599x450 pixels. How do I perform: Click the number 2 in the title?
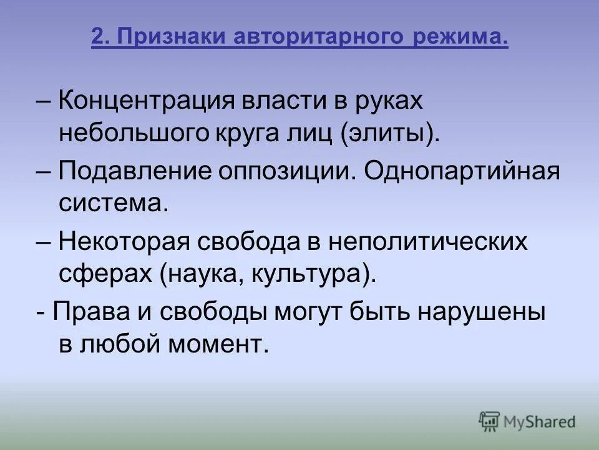97,39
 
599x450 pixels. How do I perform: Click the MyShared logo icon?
490,421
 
